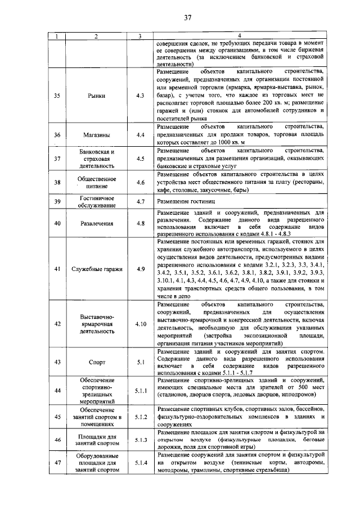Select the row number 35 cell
point(57,96)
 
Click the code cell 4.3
point(140,96)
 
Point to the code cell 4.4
point(140,135)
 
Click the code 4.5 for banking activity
point(140,159)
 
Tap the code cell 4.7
point(140,201)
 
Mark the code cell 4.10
point(140,324)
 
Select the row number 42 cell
point(57,324)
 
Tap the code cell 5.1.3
point(140,440)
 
